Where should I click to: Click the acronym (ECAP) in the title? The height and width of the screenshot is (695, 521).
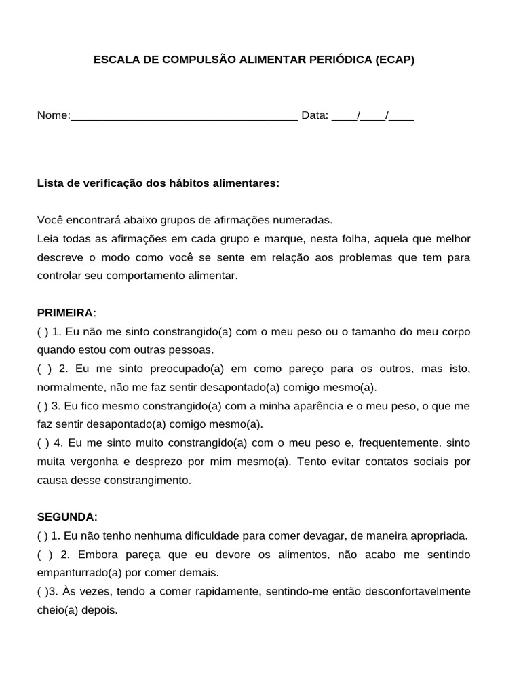click(x=394, y=60)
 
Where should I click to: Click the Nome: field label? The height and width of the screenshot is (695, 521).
click(x=54, y=115)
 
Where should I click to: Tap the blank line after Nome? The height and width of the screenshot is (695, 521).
click(x=184, y=117)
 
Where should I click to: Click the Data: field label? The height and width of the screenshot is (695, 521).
click(x=315, y=115)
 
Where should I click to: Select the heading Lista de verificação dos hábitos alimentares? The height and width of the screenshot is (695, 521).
click(x=158, y=183)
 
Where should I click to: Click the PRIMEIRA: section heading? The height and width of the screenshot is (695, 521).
click(x=66, y=313)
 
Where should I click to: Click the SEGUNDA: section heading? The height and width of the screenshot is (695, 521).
click(x=67, y=516)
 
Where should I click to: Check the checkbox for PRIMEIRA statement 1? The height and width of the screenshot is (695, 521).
click(x=42, y=332)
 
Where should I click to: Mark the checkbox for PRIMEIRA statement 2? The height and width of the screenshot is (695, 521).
click(x=43, y=369)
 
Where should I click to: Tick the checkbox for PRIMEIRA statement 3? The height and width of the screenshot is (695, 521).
click(x=42, y=406)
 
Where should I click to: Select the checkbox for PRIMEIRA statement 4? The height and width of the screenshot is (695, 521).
click(x=42, y=443)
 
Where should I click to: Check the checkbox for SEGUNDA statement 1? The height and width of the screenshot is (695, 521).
click(x=42, y=536)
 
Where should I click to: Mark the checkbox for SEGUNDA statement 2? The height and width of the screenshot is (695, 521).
click(x=43, y=555)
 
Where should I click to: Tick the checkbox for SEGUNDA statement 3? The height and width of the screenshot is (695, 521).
click(x=41, y=591)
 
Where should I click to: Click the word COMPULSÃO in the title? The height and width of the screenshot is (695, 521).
click(x=192, y=60)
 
